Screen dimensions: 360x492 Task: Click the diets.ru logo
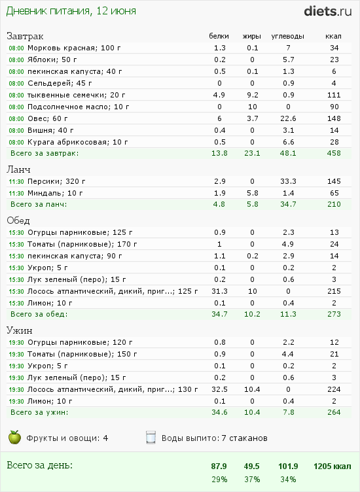[328, 11]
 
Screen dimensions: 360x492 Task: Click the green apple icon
[14, 438]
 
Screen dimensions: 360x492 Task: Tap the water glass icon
[151, 438]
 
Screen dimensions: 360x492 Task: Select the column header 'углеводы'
[287, 36]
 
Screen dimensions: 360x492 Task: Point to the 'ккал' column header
[333, 36]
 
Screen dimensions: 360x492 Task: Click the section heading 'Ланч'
[18, 169]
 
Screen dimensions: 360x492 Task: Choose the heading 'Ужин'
[20, 330]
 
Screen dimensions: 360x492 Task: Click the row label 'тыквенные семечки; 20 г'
[77, 95]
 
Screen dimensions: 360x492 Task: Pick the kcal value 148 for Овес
[334, 118]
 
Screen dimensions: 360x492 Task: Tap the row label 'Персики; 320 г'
[56, 181]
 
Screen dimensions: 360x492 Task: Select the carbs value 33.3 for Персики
[288, 181]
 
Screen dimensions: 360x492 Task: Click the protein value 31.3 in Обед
[219, 291]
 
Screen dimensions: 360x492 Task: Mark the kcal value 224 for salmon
[334, 389]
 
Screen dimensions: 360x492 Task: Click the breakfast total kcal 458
[334, 153]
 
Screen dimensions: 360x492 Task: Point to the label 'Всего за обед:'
[39, 314]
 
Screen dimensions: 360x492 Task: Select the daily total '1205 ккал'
[332, 466]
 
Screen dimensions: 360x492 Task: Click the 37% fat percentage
[252, 480]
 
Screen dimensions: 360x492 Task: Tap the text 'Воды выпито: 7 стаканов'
[215, 438]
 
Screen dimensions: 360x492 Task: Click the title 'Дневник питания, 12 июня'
[71, 11]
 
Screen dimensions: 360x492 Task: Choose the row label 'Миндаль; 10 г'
[55, 193]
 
